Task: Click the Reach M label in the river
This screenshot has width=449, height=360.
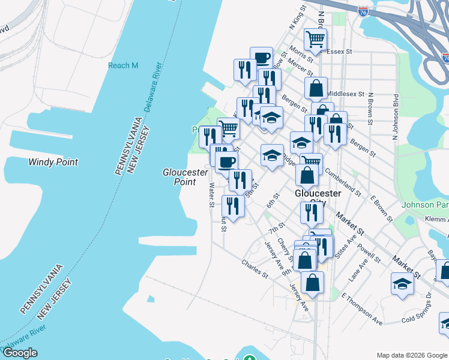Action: click(x=123, y=65)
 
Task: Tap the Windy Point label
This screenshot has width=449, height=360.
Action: click(x=53, y=162)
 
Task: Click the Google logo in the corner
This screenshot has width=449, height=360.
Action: click(x=19, y=353)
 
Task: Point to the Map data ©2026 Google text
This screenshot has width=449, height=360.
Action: click(x=412, y=355)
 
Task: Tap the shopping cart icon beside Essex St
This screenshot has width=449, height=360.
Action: click(x=315, y=40)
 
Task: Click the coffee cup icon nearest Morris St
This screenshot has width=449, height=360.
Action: click(x=261, y=58)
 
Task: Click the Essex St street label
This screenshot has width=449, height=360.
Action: click(x=340, y=52)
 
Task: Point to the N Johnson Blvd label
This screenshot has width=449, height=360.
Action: click(x=396, y=118)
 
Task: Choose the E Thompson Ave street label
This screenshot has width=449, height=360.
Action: click(x=362, y=309)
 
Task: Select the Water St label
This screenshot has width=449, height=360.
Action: click(x=211, y=195)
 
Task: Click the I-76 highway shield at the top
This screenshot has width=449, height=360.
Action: click(x=363, y=11)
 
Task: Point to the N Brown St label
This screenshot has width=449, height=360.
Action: click(x=371, y=109)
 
